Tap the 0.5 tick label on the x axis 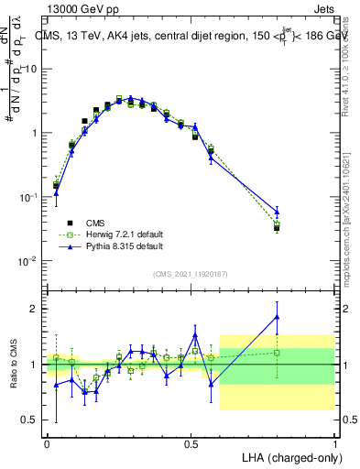click(191, 443)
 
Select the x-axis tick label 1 click(334, 443)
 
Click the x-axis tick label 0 click(47, 443)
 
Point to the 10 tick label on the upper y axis click(33, 69)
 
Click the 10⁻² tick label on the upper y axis click(30, 261)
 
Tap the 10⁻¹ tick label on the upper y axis click(30, 197)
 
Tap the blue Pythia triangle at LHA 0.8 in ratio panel click(278, 317)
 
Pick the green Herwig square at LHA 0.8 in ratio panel click(278, 352)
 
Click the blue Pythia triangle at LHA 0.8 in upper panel click(278, 213)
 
